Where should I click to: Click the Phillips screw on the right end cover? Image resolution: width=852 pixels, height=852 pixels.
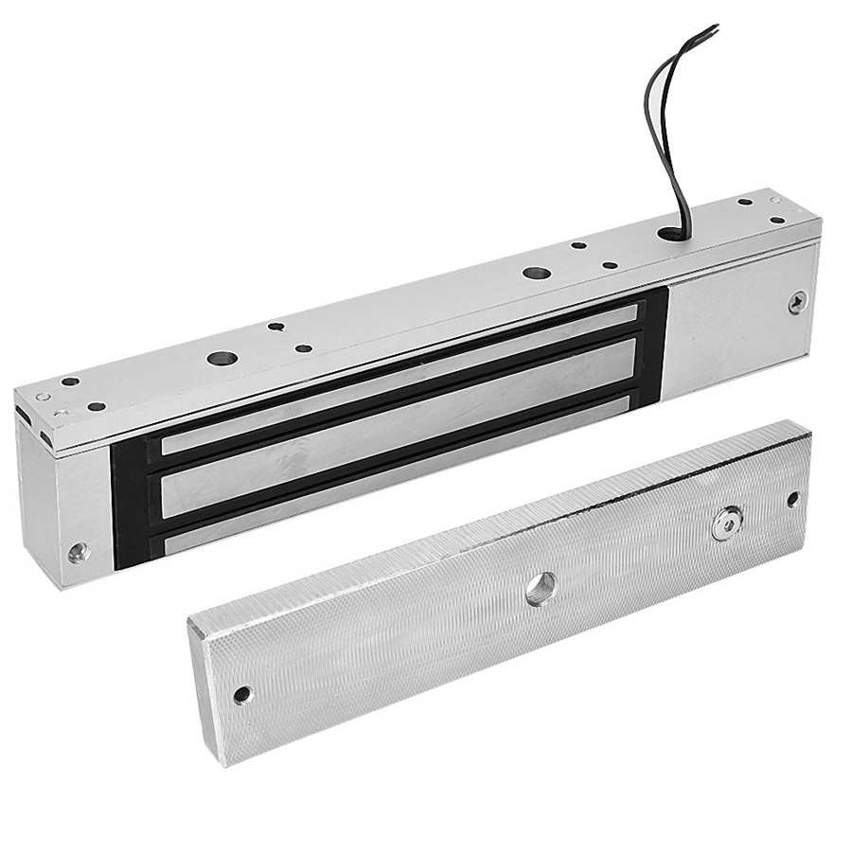pos(796,304)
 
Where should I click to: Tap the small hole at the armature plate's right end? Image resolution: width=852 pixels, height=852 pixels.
pos(792,498)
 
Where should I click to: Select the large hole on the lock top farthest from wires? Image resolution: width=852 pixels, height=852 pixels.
pos(223,361)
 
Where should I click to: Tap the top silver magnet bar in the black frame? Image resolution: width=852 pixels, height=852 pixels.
pos(398,378)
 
